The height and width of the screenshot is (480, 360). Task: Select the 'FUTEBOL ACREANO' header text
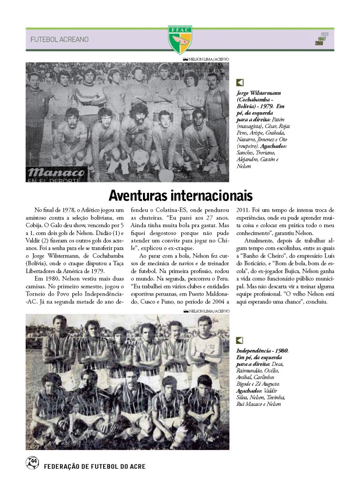click(60, 39)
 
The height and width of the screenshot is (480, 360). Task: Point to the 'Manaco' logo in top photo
click(56, 173)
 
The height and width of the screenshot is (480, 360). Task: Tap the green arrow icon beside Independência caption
click(240, 341)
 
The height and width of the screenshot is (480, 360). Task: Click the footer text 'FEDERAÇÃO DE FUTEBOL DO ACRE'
click(94, 466)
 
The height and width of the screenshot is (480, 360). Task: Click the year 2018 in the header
click(321, 44)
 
